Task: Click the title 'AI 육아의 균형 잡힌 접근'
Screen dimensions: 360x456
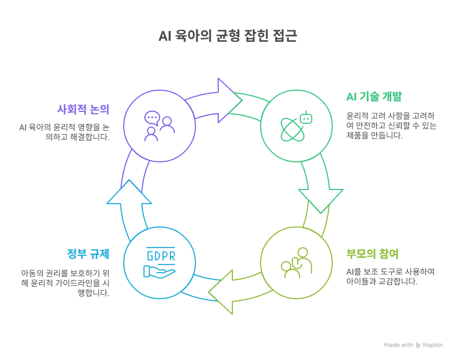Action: [227, 36]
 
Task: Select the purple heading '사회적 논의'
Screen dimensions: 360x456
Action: [84, 109]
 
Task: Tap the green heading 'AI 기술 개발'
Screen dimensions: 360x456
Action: [374, 97]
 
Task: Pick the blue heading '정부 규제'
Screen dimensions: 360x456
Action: [88, 254]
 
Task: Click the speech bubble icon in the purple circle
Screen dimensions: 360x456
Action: [152, 117]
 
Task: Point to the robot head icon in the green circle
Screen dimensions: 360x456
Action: [307, 117]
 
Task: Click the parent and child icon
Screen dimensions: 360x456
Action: [296, 263]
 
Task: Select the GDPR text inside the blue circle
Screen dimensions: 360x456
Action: [161, 256]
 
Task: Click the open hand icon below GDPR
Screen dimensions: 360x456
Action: [160, 270]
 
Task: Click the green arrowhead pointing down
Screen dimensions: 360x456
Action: [320, 199]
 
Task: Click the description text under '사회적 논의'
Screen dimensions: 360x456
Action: [65, 132]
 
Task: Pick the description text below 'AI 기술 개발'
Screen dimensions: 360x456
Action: [391, 125]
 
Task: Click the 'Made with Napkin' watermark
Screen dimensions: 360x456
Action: [413, 345]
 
